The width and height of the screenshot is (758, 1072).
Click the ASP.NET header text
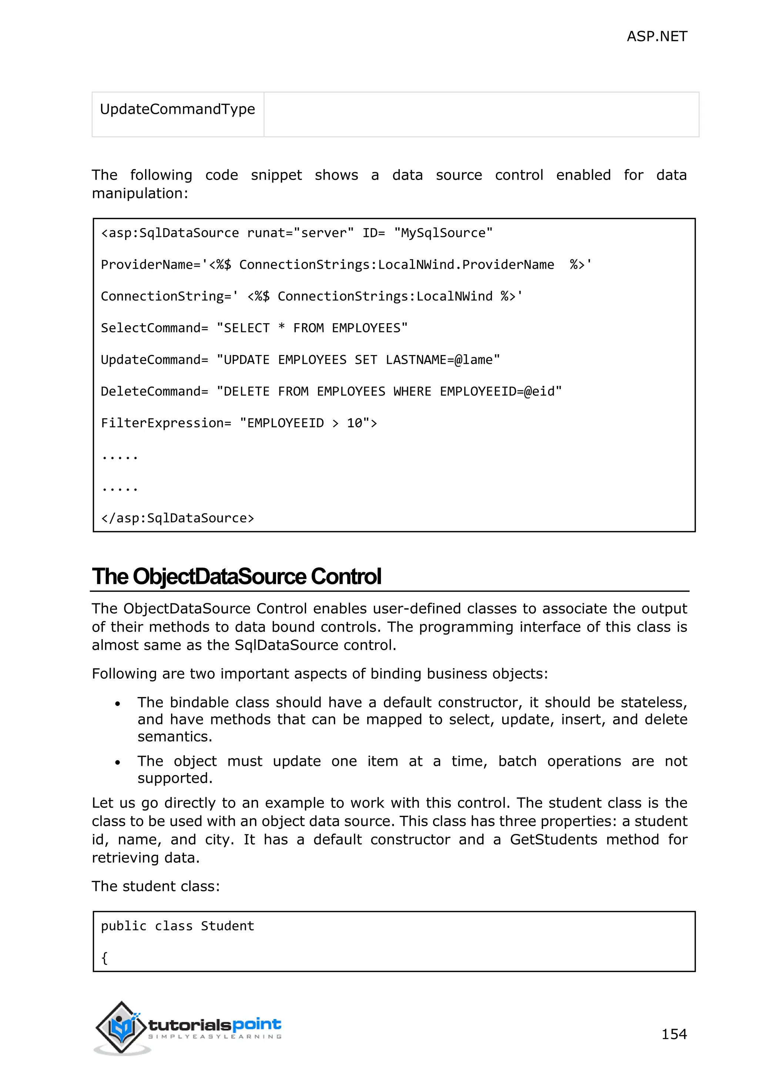pyautogui.click(x=656, y=36)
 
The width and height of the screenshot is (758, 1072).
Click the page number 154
pyautogui.click(x=674, y=1034)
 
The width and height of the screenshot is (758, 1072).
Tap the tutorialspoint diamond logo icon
pyautogui.click(x=121, y=1027)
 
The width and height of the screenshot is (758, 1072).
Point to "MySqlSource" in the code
pyautogui.click(x=443, y=233)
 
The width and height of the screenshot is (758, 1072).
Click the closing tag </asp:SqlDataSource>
pyautogui.click(x=177, y=518)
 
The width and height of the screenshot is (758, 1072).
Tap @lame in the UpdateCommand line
pyautogui.click(x=473, y=359)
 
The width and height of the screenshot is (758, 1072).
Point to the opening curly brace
pyautogui.click(x=104, y=958)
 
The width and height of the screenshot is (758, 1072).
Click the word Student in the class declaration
pyautogui.click(x=227, y=926)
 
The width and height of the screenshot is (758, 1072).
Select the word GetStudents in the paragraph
pyautogui.click(x=553, y=840)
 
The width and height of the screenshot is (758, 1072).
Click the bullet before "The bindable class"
pyautogui.click(x=118, y=704)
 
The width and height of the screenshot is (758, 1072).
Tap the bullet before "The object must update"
pyautogui.click(x=118, y=763)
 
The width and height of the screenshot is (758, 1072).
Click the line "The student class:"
pyautogui.click(x=155, y=886)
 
